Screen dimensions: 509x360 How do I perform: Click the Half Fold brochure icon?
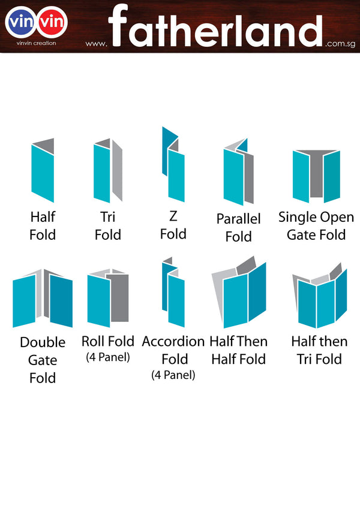coord(43,171)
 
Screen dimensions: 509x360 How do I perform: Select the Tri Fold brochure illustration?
coord(107,171)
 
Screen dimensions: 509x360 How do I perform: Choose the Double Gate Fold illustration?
coord(43,298)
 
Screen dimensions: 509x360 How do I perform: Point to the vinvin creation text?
coord(37,44)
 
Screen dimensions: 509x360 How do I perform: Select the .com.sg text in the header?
coord(340,44)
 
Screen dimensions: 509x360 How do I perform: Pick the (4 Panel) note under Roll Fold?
coord(108,358)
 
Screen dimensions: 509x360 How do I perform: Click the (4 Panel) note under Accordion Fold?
coord(173,376)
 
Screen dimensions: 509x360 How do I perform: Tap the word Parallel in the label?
coord(238,219)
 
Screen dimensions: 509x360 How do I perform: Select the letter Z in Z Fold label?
coord(173,216)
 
